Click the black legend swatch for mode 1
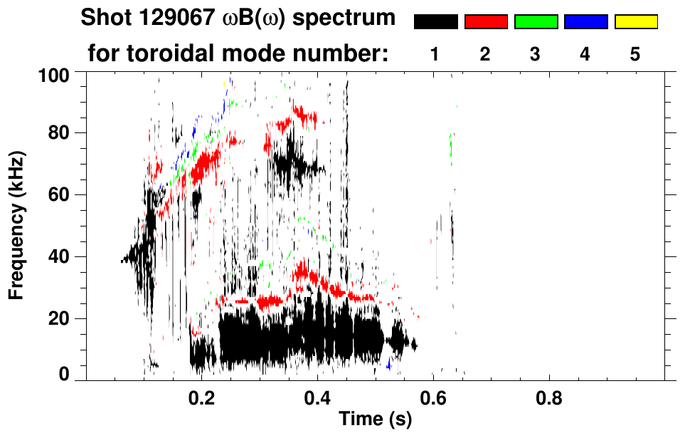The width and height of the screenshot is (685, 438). [435, 22]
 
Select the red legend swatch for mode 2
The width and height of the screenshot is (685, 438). [486, 22]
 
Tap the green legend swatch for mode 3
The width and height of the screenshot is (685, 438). [536, 22]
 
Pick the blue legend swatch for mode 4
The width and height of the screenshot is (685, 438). [585, 22]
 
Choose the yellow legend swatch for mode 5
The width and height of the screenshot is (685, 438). [636, 22]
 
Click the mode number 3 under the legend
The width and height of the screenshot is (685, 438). [536, 54]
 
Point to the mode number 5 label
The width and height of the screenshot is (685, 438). [636, 54]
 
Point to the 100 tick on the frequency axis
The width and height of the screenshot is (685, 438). [54, 74]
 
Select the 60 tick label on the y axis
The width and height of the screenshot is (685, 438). [59, 194]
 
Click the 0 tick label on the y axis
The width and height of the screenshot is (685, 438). [64, 375]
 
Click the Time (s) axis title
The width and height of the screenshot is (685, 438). [374, 420]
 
